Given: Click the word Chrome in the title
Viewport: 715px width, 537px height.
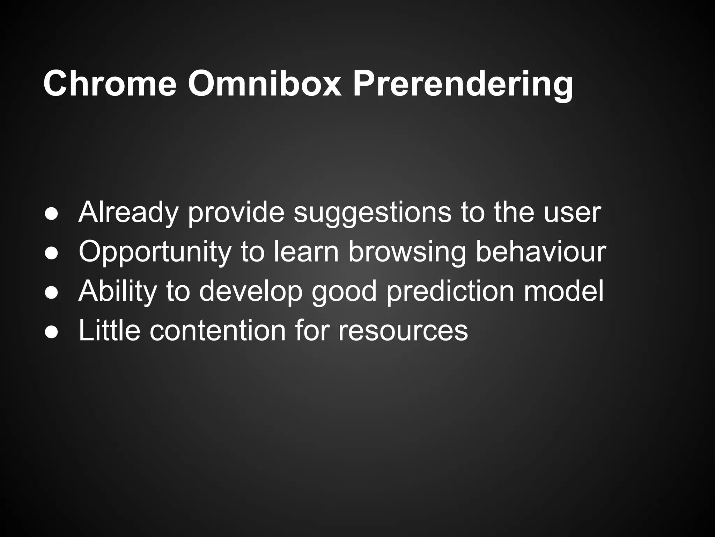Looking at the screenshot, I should pyautogui.click(x=110, y=84).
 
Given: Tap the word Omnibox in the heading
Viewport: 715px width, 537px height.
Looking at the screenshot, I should pyautogui.click(x=264, y=84).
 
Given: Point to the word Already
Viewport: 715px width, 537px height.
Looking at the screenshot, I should pyautogui.click(x=128, y=213).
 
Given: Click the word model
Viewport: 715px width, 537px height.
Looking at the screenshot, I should pyautogui.click(x=563, y=291).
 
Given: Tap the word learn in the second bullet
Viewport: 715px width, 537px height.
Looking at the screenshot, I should pyautogui.click(x=306, y=252).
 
